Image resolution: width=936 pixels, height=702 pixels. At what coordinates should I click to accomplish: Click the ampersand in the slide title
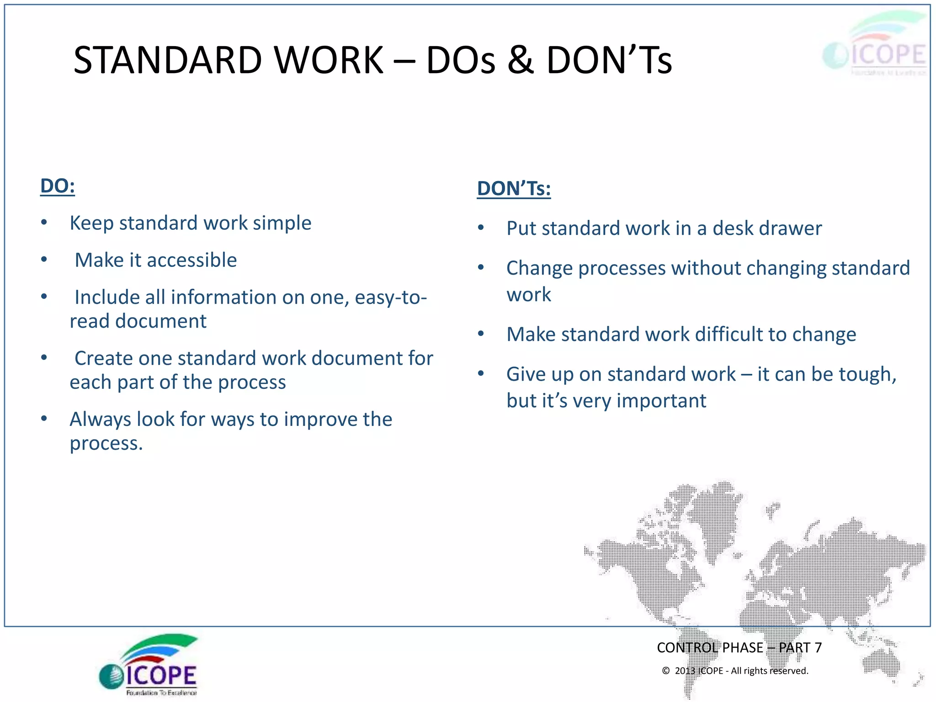pos(520,60)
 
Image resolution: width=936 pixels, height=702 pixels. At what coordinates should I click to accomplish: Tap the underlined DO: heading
pos(57,186)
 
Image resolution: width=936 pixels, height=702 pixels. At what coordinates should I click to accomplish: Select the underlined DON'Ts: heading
pos(514,189)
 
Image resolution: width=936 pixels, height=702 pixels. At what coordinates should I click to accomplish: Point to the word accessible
pos(191,260)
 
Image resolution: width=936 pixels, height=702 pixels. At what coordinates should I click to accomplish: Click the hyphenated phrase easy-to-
pos(390,298)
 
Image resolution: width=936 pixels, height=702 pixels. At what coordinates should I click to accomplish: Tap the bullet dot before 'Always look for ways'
pos(44,419)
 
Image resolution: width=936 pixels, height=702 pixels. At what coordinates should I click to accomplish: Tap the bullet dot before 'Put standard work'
pos(481,228)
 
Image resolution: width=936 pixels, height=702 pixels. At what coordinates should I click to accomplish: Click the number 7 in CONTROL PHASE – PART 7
pos(818,648)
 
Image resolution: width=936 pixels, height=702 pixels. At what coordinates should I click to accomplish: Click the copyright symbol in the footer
pos(666,670)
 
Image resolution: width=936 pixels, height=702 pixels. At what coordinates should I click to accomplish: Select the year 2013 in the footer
pos(685,670)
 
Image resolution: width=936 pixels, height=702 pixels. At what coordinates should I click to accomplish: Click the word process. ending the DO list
pos(106,443)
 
